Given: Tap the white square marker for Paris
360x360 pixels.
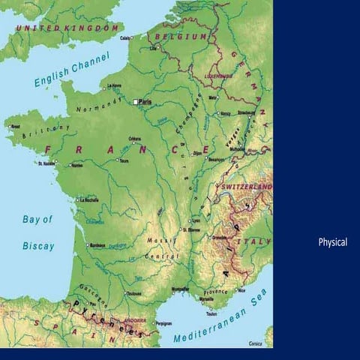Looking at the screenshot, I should pos(136,101).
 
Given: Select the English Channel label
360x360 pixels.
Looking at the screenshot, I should pos(72,70).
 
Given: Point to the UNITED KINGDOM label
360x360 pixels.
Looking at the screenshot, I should pos(68,28).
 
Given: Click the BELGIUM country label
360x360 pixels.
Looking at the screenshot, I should pos(181,36).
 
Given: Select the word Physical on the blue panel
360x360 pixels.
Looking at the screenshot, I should pos(332,242).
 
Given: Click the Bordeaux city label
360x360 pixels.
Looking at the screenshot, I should pos(97,245).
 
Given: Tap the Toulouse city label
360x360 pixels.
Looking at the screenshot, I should pos(134,292).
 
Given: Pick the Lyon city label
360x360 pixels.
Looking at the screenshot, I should pos(197,221).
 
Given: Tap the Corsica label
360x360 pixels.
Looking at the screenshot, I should pos(256,343).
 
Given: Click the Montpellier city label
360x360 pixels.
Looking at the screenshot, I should pos(181,288).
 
